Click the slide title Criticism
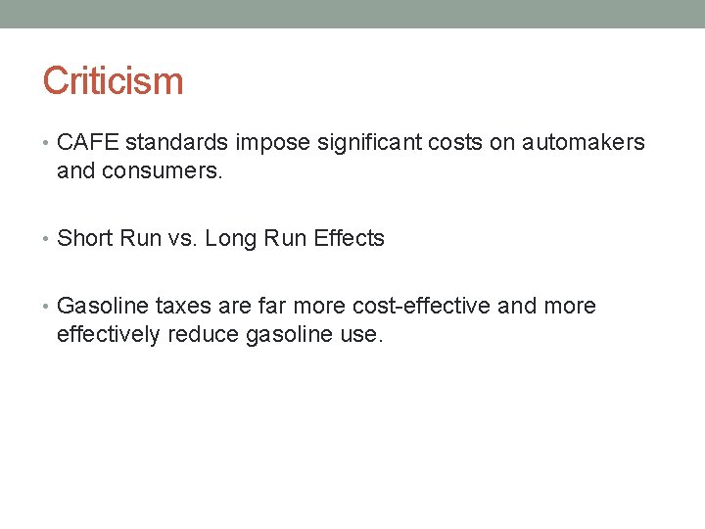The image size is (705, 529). (113, 80)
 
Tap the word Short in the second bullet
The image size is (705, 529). (86, 238)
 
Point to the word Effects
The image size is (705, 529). (348, 238)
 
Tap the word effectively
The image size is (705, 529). (109, 334)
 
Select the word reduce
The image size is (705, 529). (203, 334)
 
